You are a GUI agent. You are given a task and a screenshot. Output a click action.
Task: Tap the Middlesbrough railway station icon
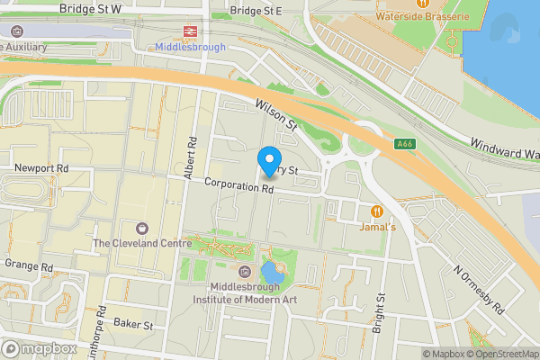point(190,31)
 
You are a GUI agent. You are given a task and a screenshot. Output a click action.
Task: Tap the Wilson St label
point(276,114)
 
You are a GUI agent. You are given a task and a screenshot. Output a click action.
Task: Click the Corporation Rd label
point(238,186)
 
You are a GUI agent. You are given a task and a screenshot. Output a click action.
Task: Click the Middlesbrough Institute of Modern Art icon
point(245,272)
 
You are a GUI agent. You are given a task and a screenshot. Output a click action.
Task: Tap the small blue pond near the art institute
point(269,273)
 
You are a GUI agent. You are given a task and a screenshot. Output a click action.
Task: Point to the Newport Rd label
point(41,168)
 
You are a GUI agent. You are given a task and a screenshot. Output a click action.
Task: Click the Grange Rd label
point(29,266)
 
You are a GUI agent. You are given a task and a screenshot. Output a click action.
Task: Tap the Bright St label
point(381,310)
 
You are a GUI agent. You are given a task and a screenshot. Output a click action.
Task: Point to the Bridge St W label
point(90,8)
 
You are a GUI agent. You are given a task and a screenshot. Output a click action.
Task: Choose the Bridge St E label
point(256,11)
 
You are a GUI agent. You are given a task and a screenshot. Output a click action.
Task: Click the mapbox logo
point(40,348)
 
